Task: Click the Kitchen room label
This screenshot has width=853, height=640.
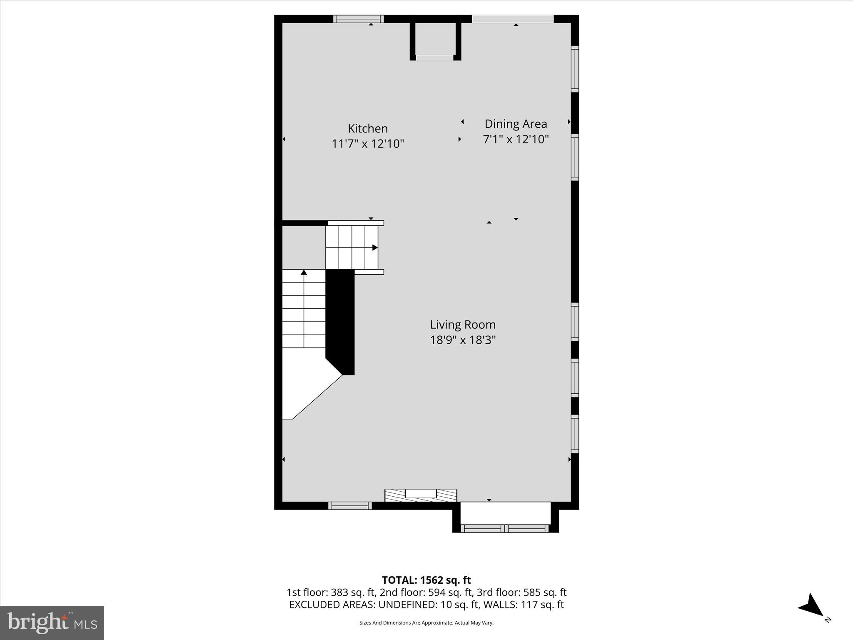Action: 368,128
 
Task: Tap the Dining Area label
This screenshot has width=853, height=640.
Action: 516,124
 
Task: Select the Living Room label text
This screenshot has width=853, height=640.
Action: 463,325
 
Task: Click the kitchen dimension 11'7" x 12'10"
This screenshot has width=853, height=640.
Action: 368,144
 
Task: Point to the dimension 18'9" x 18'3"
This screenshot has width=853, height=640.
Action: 463,340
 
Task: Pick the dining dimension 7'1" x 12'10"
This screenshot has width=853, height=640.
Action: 516,139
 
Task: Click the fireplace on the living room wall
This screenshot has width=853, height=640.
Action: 421,495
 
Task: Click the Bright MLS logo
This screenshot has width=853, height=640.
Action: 52,623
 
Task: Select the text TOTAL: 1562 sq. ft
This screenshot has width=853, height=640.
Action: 426,580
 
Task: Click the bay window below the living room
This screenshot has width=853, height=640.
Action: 505,528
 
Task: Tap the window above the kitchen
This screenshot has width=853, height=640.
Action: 358,19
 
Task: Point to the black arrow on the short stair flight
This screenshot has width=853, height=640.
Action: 375,247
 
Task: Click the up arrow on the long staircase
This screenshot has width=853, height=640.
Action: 304,272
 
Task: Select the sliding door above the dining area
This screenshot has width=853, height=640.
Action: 513,19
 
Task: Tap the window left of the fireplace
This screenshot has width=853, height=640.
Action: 350,506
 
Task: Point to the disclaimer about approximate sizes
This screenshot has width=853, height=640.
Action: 426,623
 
